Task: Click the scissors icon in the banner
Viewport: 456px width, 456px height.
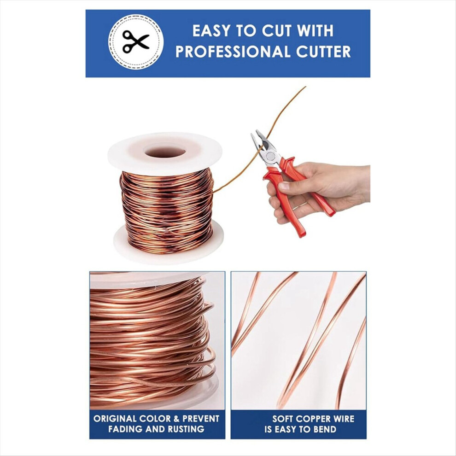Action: click(135, 41)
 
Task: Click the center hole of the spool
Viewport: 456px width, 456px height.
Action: click(165, 152)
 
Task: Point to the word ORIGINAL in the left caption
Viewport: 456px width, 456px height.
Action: click(115, 419)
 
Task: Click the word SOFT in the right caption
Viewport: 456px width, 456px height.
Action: click(282, 419)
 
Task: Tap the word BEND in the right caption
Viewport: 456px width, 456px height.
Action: click(326, 429)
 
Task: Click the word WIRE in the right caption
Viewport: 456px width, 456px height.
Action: click(343, 419)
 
